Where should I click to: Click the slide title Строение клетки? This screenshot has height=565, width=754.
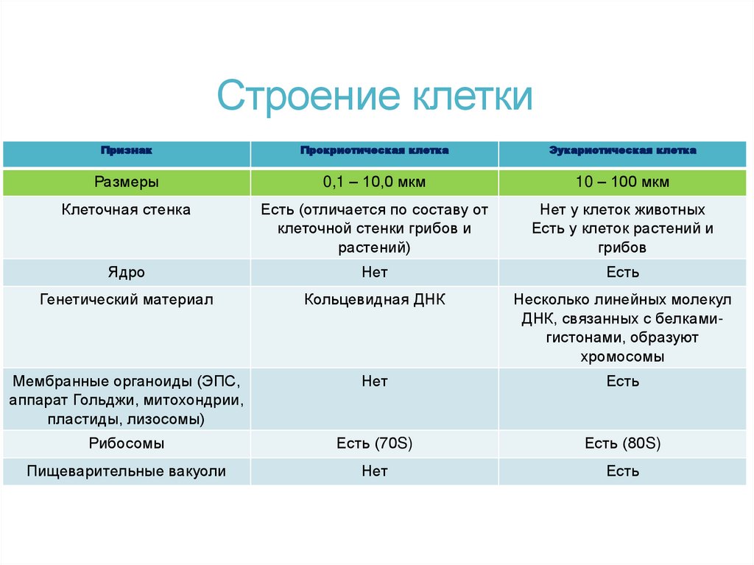pyautogui.click(x=375, y=96)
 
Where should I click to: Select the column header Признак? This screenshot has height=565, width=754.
pyautogui.click(x=126, y=150)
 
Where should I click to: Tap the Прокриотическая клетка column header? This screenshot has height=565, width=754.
pyautogui.click(x=374, y=150)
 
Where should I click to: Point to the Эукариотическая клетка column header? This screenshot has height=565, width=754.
pyautogui.click(x=622, y=150)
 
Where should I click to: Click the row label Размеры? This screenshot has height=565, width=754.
pyautogui.click(x=126, y=181)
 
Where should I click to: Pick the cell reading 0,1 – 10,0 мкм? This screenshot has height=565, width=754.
pyautogui.click(x=374, y=181)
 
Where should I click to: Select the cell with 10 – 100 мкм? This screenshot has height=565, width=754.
pyautogui.click(x=622, y=181)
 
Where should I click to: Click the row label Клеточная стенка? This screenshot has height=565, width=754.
pyautogui.click(x=126, y=210)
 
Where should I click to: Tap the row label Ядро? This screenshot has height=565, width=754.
pyautogui.click(x=126, y=273)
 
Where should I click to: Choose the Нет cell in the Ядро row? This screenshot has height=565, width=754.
pyautogui.click(x=374, y=273)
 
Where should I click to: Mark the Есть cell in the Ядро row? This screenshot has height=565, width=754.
pyautogui.click(x=622, y=273)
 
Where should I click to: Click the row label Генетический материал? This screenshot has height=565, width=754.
pyautogui.click(x=126, y=301)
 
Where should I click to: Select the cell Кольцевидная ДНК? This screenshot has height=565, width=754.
pyautogui.click(x=374, y=301)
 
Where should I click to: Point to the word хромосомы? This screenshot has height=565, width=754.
pyautogui.click(x=622, y=357)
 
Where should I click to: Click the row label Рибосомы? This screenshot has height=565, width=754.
pyautogui.click(x=126, y=443)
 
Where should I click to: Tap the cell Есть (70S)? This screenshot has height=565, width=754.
pyautogui.click(x=374, y=443)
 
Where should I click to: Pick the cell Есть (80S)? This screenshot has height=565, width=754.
pyautogui.click(x=622, y=443)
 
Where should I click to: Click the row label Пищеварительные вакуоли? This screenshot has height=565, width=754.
pyautogui.click(x=126, y=471)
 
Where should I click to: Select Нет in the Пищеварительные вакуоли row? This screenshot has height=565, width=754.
pyautogui.click(x=374, y=471)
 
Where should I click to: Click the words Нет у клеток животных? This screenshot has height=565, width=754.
pyautogui.click(x=622, y=210)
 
